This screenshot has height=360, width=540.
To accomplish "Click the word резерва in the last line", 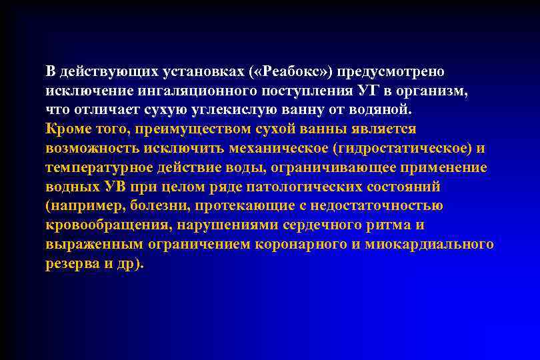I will tap(69, 263).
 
